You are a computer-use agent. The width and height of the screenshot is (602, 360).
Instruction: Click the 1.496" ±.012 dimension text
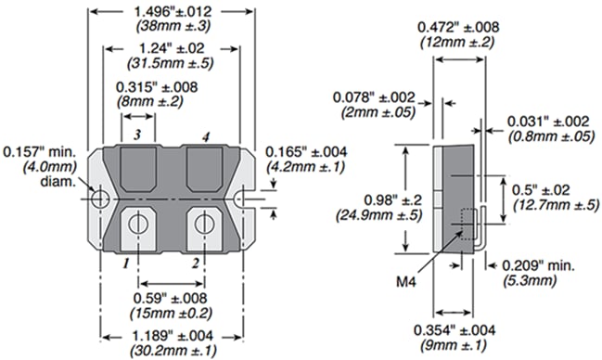tap(172, 9)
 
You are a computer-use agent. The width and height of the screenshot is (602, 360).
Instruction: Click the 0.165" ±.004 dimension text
tap(305, 151)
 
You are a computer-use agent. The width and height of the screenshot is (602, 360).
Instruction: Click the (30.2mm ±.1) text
tap(173, 351)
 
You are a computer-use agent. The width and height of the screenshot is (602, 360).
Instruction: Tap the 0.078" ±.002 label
tap(379, 96)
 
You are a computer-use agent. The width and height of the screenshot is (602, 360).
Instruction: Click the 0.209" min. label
tap(541, 265)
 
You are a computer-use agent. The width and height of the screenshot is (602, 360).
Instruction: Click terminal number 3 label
tap(137, 135)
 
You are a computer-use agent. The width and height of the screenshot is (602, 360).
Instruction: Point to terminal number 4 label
tap(206, 135)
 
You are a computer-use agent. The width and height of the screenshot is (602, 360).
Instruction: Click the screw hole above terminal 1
tap(137, 223)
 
